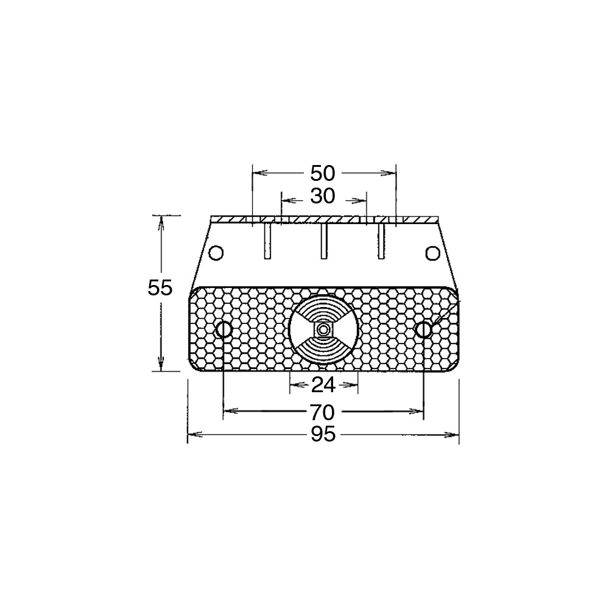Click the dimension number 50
322,173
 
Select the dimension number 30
322,197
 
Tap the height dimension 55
160,288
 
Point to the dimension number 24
323,385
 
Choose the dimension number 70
322,412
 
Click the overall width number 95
323,434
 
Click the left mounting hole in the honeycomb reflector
224,329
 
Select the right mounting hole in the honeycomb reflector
423,329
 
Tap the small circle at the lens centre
322,329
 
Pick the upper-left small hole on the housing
216,253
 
